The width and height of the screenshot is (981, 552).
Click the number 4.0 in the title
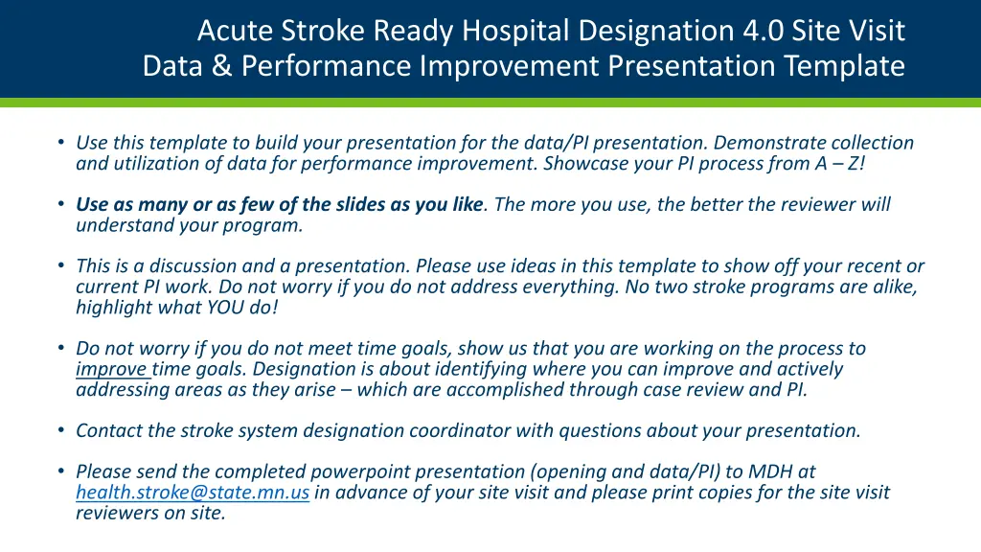coord(762,30)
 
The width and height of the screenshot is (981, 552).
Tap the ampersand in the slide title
coord(221,66)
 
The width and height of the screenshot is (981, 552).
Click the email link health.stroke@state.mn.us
coord(193,493)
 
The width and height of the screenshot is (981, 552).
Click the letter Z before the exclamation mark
coord(854,163)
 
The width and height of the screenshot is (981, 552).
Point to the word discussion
coord(193,266)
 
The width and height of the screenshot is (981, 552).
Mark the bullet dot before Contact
coord(60,430)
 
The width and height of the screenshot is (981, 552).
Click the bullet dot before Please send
coord(60,471)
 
